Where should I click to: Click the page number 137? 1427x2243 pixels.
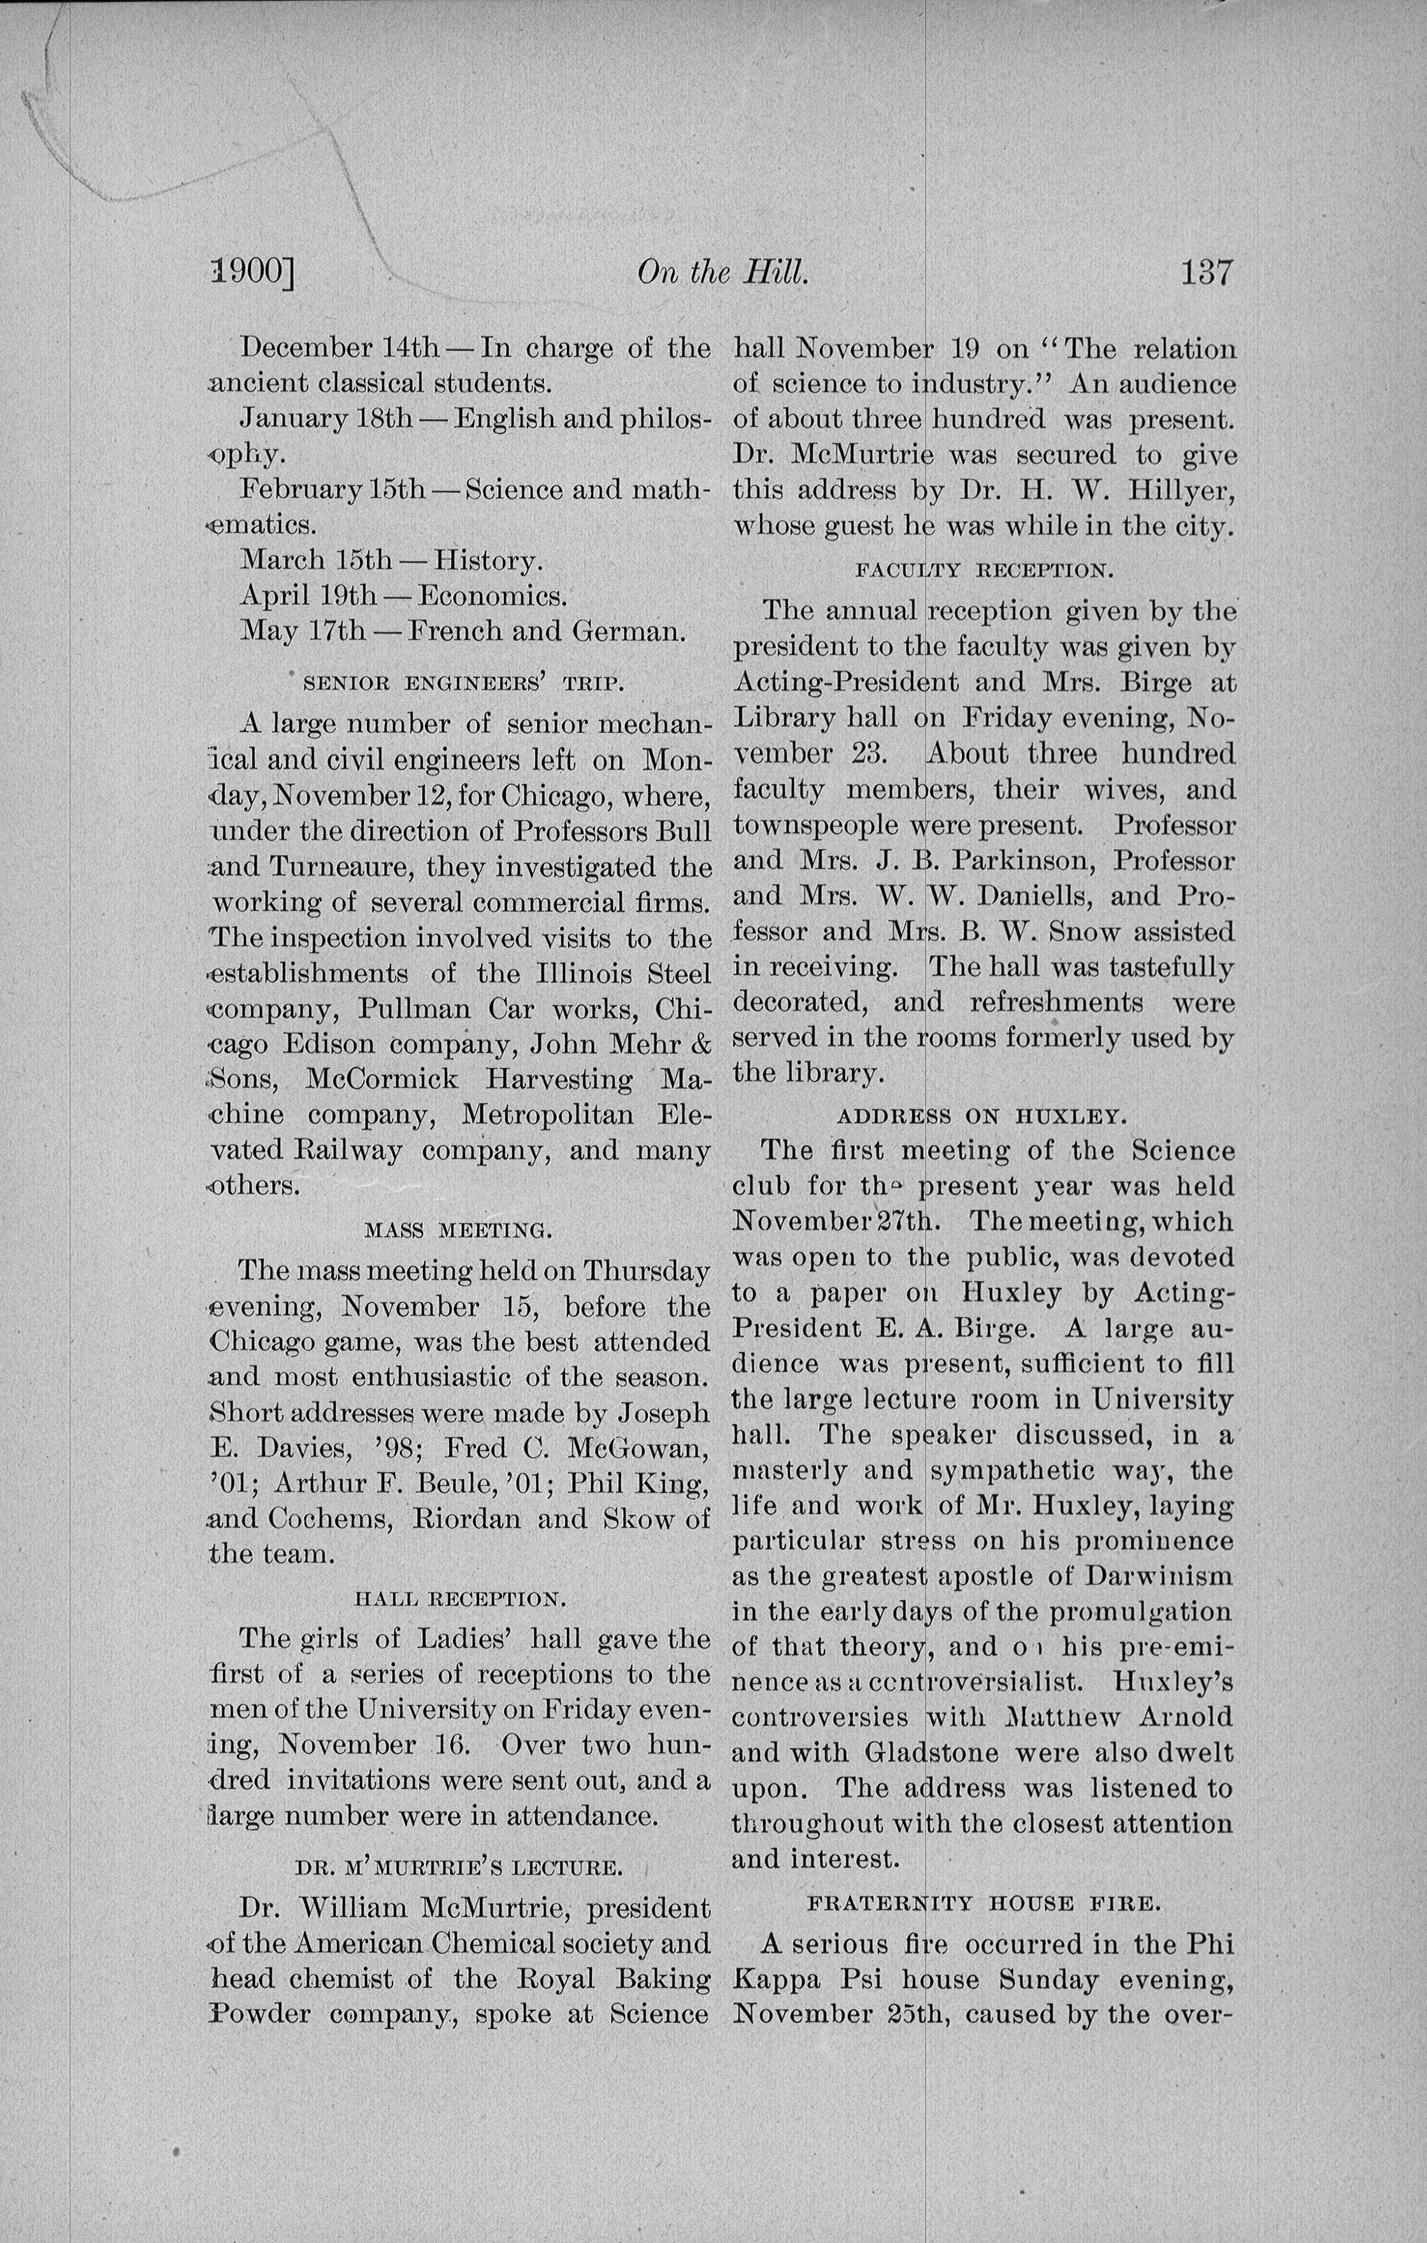coord(1208,273)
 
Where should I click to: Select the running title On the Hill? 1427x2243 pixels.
coord(721,273)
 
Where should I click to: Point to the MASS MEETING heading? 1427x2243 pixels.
coord(458,1230)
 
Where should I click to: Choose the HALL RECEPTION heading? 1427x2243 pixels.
coord(460,1599)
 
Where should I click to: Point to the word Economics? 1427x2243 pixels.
coord(492,595)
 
